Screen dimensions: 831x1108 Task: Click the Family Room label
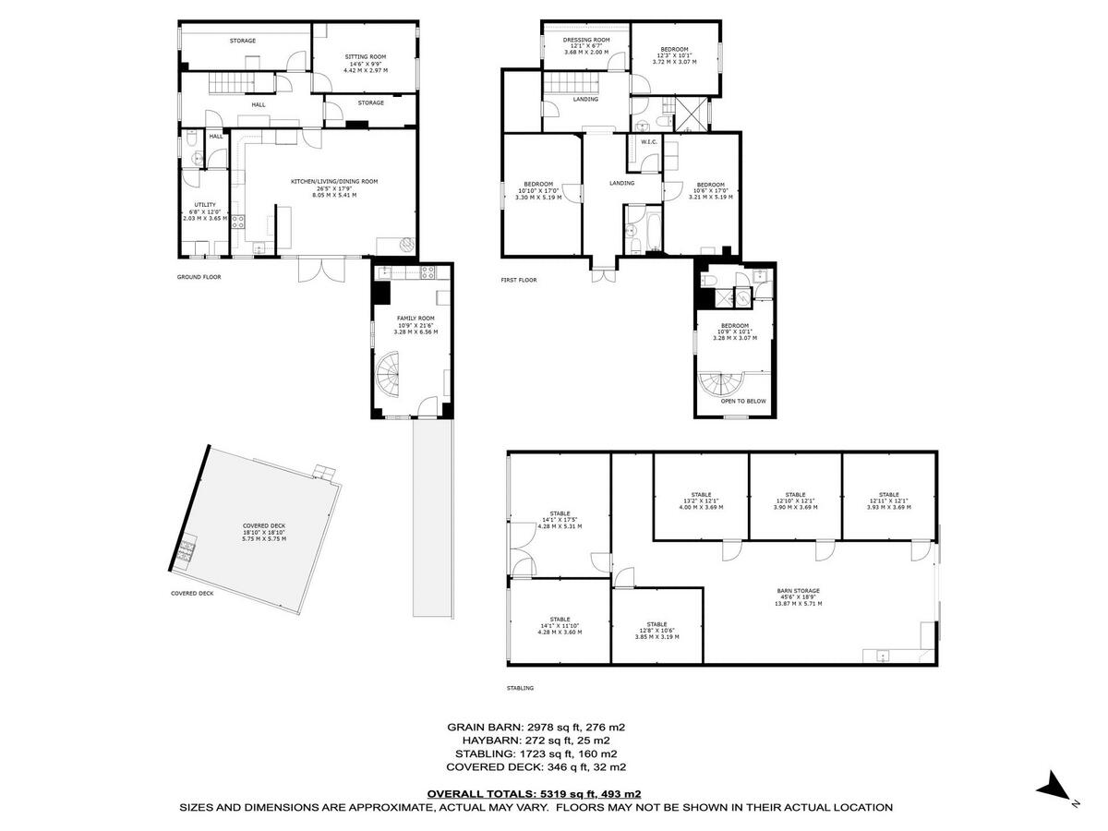click(x=415, y=324)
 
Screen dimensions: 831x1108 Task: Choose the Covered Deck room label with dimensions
click(x=264, y=532)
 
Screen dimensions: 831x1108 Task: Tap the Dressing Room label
click(x=586, y=46)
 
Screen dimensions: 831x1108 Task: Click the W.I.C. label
click(x=648, y=142)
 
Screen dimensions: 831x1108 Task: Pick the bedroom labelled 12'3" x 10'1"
click(x=674, y=55)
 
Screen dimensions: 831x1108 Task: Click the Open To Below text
click(x=743, y=401)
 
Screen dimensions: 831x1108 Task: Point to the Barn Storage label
click(x=799, y=596)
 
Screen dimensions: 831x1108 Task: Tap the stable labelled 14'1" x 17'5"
click(x=560, y=520)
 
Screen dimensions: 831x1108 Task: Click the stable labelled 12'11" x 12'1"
click(x=888, y=500)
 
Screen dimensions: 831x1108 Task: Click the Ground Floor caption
click(x=199, y=276)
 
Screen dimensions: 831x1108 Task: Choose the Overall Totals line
click(x=534, y=793)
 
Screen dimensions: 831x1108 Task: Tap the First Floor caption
click(x=519, y=280)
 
